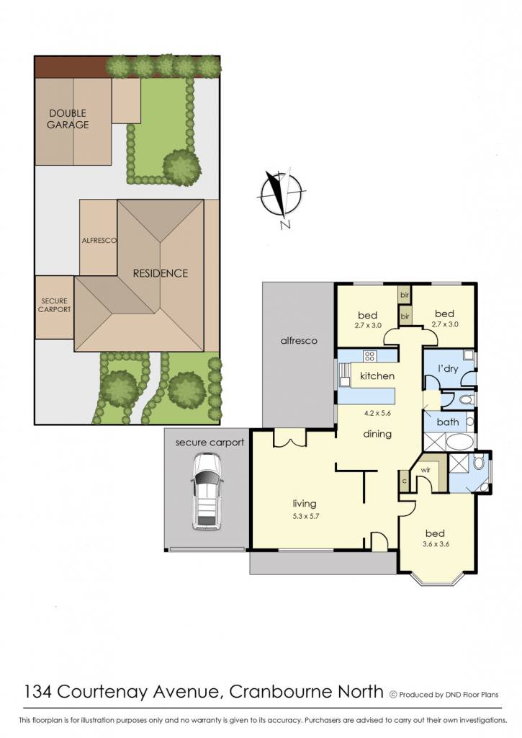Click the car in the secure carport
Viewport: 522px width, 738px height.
click(x=206, y=492)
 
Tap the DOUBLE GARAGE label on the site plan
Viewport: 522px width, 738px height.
click(x=68, y=119)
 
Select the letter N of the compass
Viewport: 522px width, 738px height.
click(x=285, y=225)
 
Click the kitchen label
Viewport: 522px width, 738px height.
click(x=377, y=375)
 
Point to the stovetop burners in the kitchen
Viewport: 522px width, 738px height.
click(x=369, y=356)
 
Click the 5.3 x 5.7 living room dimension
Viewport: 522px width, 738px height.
click(x=305, y=516)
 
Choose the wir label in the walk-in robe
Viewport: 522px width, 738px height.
click(x=426, y=470)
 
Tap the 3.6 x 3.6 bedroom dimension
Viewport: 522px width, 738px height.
click(x=436, y=544)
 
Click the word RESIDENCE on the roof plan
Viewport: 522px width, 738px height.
click(x=161, y=273)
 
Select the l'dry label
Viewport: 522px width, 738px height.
click(x=448, y=368)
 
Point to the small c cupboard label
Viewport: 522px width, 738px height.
click(x=405, y=481)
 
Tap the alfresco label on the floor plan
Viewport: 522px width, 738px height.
click(x=299, y=340)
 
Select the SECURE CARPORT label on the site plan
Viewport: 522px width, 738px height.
click(x=55, y=305)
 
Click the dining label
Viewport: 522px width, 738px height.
click(x=377, y=433)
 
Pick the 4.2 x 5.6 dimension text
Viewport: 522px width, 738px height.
click(x=377, y=414)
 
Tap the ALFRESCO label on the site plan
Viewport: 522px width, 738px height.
click(x=99, y=240)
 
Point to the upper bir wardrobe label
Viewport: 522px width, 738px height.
click(x=405, y=295)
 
